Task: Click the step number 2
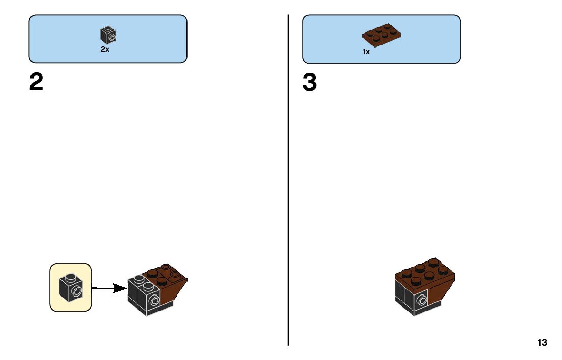click(x=36, y=82)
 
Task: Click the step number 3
click(x=309, y=82)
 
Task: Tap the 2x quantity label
click(x=105, y=49)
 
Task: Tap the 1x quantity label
click(x=366, y=52)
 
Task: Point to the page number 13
click(x=542, y=342)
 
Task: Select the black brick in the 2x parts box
click(x=108, y=35)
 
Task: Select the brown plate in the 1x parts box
click(x=382, y=35)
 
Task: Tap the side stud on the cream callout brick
click(x=77, y=291)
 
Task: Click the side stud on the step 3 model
click(x=421, y=301)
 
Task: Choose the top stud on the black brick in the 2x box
click(x=108, y=28)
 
